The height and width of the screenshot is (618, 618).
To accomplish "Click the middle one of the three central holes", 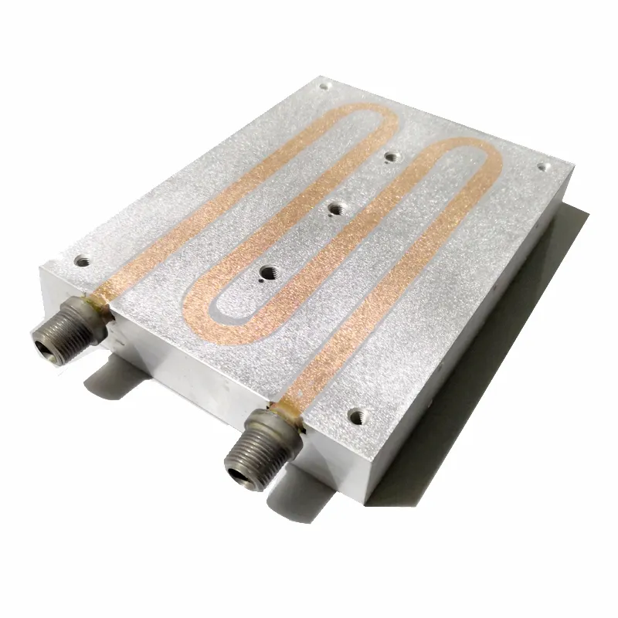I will click(x=337, y=207).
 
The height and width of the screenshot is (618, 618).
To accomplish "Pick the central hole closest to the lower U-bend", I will click(x=268, y=272).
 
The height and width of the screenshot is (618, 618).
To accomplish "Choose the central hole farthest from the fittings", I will click(x=392, y=157).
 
